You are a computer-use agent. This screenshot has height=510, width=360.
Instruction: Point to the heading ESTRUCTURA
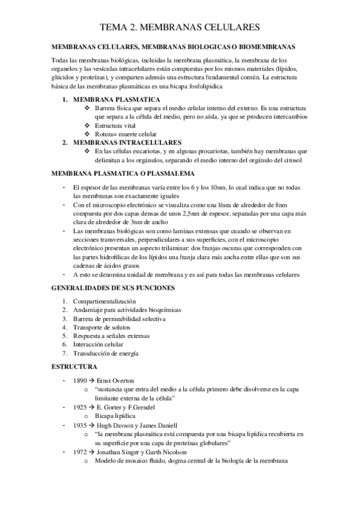[71, 366]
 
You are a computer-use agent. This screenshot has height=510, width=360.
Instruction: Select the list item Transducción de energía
[106, 353]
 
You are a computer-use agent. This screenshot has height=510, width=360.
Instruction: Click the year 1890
[80, 380]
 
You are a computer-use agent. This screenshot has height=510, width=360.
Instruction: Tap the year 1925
[80, 407]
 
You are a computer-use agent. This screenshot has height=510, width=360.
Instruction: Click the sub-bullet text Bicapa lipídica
[115, 416]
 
